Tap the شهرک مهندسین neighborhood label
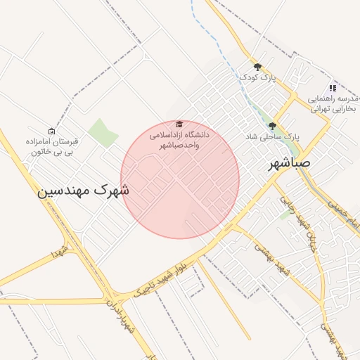(x=84, y=189)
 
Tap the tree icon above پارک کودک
(x=257, y=67)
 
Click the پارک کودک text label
(x=257, y=77)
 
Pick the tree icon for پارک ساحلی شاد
(x=272, y=126)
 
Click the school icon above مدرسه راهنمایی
(x=333, y=88)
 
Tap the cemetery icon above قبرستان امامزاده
(x=51, y=131)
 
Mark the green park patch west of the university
(x=103, y=133)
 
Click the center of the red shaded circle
(x=180, y=179)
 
